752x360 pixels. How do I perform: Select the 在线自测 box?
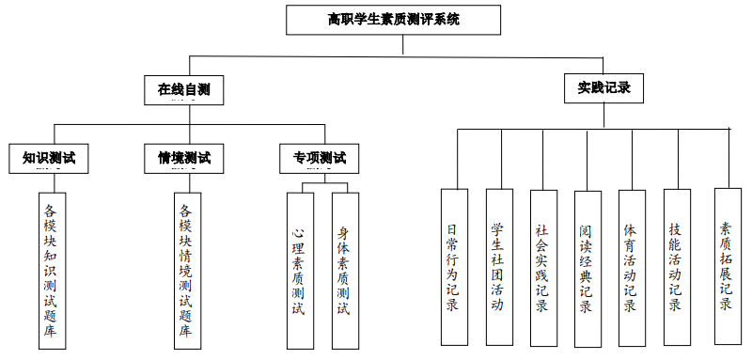(x=183, y=90)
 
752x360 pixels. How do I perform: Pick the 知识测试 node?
(x=49, y=158)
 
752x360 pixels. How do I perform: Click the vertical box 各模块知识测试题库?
(x=53, y=271)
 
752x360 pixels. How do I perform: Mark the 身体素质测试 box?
(x=344, y=271)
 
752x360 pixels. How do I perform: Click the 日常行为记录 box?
(x=452, y=267)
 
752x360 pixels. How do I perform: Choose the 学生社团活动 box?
(x=498, y=267)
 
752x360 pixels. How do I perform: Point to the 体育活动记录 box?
(x=632, y=267)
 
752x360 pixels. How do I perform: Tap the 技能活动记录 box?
(x=677, y=267)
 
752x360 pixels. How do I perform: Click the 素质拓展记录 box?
(x=727, y=265)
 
